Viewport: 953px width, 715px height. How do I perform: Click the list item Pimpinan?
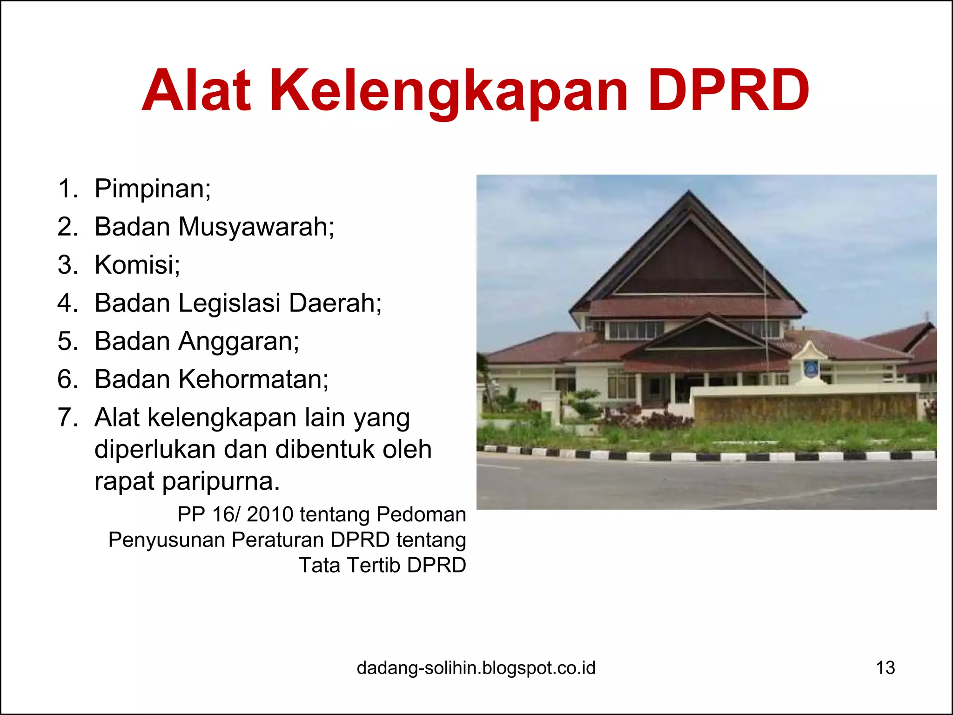[x=152, y=189]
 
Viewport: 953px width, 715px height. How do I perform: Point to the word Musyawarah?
[x=256, y=227]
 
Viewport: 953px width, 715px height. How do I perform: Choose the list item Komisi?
[x=137, y=265]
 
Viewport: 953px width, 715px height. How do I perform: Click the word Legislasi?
[x=229, y=303]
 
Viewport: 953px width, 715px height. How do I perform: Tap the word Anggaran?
[x=238, y=341]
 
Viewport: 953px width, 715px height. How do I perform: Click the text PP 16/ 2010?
[x=235, y=514]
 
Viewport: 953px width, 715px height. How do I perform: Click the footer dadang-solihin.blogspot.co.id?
[x=476, y=668]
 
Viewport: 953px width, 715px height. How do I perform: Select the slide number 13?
[x=885, y=668]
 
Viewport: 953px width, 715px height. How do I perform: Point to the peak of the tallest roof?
[x=689, y=192]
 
